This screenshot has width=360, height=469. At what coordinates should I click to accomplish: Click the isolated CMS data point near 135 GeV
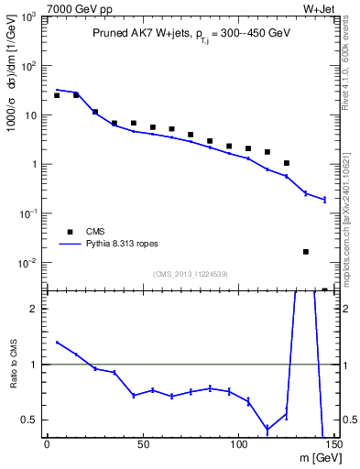[306, 252]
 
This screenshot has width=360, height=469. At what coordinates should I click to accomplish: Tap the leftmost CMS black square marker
[57, 95]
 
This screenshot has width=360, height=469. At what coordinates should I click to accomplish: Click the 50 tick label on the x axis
[143, 446]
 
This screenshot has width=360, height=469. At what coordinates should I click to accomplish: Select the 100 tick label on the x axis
[239, 446]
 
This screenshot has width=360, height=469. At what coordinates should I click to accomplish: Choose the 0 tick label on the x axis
[47, 446]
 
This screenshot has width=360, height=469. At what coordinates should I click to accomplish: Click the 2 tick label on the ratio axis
[35, 309]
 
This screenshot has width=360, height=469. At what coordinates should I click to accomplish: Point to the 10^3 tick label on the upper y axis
[28, 17]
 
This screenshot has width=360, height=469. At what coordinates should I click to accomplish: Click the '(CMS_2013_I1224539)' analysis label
[191, 273]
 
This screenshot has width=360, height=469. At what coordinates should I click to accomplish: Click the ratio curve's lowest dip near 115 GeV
[267, 429]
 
